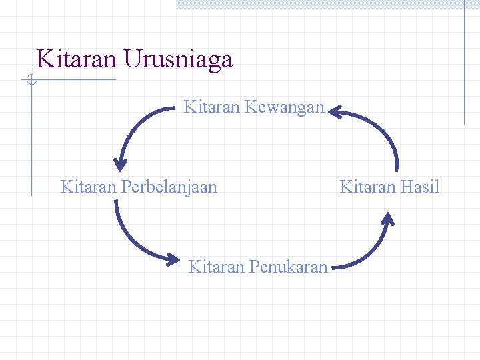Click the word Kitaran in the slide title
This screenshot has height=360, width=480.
[x=77, y=59]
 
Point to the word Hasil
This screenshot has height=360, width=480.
[x=421, y=187]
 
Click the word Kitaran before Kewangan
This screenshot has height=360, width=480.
[x=211, y=107]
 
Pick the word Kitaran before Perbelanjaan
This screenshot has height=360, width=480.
[x=89, y=187]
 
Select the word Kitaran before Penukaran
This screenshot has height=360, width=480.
[x=216, y=267]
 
